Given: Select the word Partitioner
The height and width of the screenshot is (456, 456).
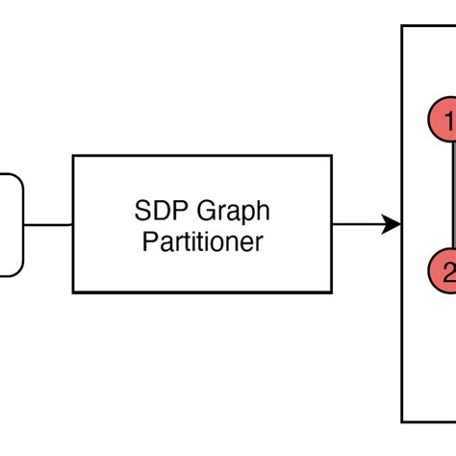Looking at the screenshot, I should tap(202, 241).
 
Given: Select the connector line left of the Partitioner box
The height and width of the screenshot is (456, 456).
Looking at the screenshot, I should tap(48, 225).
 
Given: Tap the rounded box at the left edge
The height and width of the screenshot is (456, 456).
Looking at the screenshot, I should tap(9, 225).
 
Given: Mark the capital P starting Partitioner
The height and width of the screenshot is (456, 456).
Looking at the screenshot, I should tap(149, 241).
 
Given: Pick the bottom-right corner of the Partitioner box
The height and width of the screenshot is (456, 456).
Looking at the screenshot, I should tap(331, 291).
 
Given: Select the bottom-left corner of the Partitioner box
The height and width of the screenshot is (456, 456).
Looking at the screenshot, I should tap(74, 291).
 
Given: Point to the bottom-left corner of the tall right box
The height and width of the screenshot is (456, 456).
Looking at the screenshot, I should tap(402, 420).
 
